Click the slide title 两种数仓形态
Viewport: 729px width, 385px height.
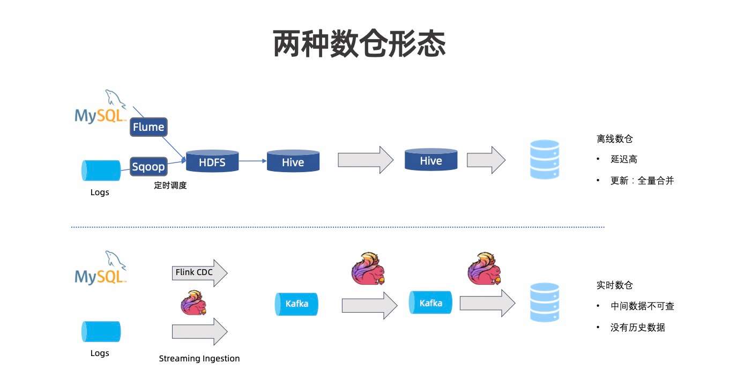pyautogui.click(x=359, y=43)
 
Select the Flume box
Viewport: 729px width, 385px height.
pyautogui.click(x=148, y=128)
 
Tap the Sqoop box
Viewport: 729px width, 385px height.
pyautogui.click(x=148, y=166)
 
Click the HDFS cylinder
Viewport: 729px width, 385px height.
pyautogui.click(x=212, y=161)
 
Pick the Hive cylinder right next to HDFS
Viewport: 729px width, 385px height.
pyautogui.click(x=293, y=161)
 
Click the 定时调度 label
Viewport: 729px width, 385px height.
pyautogui.click(x=170, y=186)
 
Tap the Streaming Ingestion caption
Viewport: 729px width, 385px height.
pyautogui.click(x=199, y=358)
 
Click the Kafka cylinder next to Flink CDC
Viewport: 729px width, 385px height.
pyautogui.click(x=296, y=304)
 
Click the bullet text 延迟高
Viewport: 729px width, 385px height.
pyautogui.click(x=623, y=159)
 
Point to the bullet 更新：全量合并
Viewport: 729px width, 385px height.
pyautogui.click(x=642, y=181)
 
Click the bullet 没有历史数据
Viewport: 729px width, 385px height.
pyautogui.click(x=637, y=327)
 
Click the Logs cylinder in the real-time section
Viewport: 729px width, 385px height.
pyautogui.click(x=101, y=331)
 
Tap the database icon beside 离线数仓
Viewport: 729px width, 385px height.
pyautogui.click(x=544, y=159)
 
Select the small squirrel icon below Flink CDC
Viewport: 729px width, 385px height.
pyautogui.click(x=194, y=302)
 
